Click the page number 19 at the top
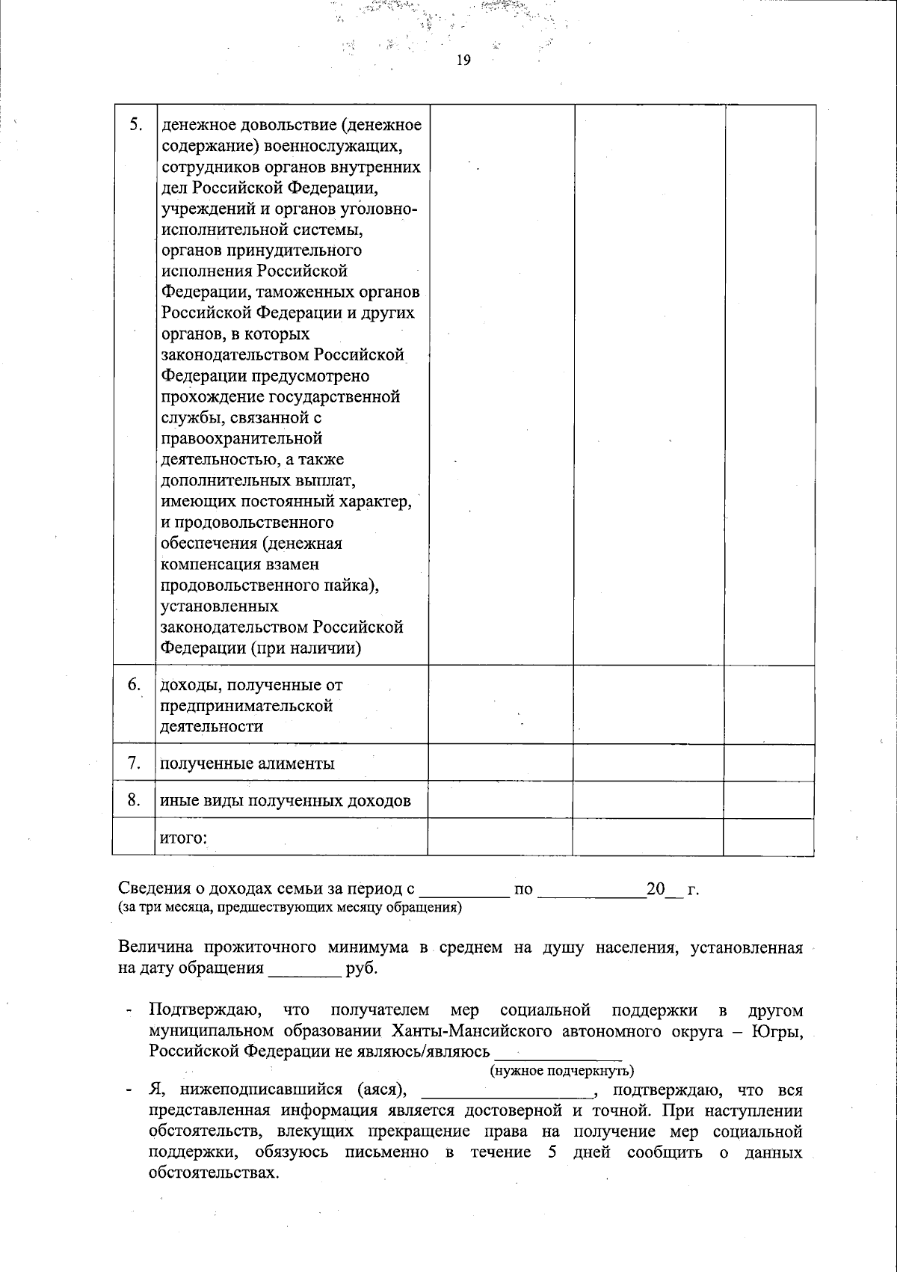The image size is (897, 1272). tap(463, 61)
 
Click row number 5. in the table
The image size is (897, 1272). tap(135, 124)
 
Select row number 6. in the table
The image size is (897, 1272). tap(135, 684)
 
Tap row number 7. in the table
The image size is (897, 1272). tap(135, 763)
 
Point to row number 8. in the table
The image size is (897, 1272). tap(135, 800)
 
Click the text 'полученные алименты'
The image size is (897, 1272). tap(247, 763)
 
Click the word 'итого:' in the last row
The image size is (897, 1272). tap(183, 838)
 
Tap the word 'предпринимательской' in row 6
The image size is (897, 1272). tap(247, 705)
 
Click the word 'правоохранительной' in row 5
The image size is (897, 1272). tap(242, 438)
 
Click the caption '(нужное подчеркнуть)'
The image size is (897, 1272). tap(562, 1070)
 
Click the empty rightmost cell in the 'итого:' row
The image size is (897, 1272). tap(768, 837)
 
